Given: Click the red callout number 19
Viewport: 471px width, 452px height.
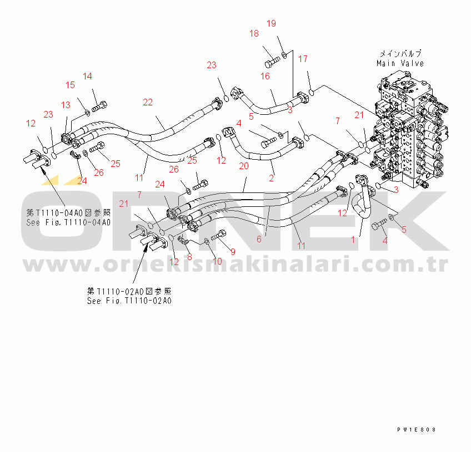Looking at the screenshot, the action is tap(271, 23).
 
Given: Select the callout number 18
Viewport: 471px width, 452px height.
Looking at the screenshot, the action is tap(254, 33).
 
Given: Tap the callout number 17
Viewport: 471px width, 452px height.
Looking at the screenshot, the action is tap(303, 59).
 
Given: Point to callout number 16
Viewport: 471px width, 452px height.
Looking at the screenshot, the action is tap(265, 76).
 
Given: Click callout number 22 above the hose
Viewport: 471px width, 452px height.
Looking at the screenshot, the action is tap(148, 102).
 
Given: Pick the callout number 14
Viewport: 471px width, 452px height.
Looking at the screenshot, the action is tap(87, 76).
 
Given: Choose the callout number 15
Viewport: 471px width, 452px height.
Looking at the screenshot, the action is tap(70, 85).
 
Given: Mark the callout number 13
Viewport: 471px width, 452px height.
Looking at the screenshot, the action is tap(66, 105).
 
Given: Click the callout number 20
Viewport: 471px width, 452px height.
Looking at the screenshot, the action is tap(244, 166).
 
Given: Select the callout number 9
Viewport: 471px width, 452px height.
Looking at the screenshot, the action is tap(233, 252).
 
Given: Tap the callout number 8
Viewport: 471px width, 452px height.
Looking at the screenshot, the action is tap(189, 257).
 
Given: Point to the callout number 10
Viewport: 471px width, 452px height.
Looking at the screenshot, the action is tap(217, 261).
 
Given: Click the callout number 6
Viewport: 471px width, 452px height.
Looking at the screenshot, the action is tap(259, 239).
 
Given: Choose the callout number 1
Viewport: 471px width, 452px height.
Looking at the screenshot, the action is tap(353, 240).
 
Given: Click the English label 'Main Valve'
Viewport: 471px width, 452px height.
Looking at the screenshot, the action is tap(400, 64).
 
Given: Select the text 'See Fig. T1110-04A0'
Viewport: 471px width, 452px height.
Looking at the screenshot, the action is tap(68, 222).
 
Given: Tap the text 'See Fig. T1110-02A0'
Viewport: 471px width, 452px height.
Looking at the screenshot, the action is tap(129, 301).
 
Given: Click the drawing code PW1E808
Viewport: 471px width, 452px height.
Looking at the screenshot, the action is tap(417, 430).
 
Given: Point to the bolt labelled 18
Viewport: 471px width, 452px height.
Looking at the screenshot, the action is tap(272, 62).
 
